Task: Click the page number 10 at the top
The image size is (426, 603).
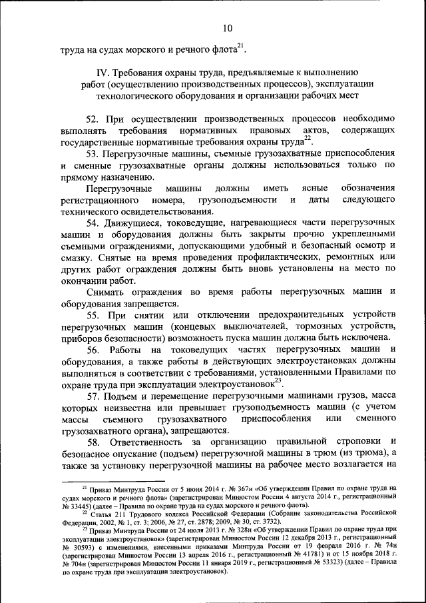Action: [228, 27]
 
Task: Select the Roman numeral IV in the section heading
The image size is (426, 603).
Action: [102, 72]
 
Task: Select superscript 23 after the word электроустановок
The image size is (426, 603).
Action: [278, 380]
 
